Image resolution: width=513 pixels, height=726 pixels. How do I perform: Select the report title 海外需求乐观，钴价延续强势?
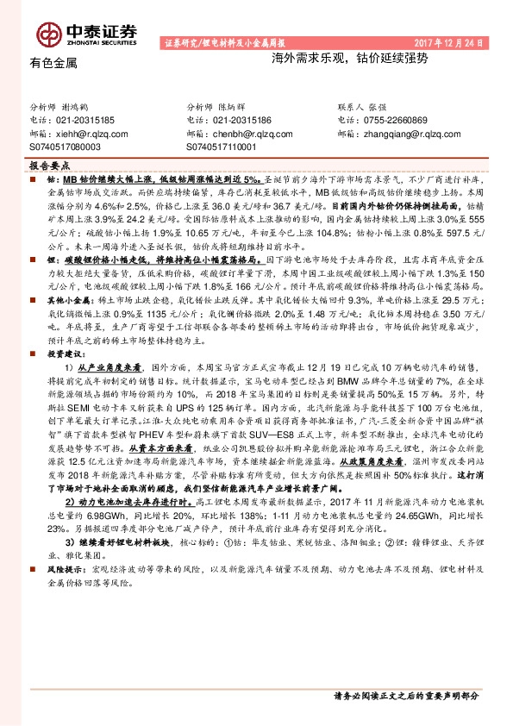click(x=326, y=63)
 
